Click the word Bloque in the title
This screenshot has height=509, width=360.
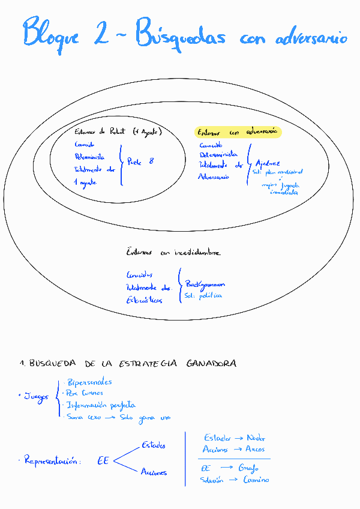click(x=51, y=34)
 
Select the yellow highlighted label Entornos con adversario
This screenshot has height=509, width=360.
click(x=238, y=131)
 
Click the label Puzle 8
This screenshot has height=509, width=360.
click(x=140, y=161)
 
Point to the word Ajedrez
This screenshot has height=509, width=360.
click(x=268, y=163)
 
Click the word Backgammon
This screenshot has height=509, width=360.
click(x=205, y=284)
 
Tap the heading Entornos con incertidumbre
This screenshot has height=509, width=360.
click(x=173, y=253)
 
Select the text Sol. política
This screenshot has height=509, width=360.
click(x=203, y=296)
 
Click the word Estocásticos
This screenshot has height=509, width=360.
click(x=144, y=300)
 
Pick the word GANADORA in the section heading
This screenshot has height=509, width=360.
click(x=211, y=363)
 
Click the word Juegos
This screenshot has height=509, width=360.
click(x=36, y=397)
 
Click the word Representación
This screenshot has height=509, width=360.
click(x=51, y=462)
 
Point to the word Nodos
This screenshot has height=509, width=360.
click(x=256, y=438)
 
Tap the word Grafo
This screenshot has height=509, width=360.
click(x=248, y=468)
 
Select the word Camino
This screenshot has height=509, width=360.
click(x=256, y=480)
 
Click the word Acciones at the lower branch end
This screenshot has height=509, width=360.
click(x=154, y=472)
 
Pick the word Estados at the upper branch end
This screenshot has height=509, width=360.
click(x=154, y=445)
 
